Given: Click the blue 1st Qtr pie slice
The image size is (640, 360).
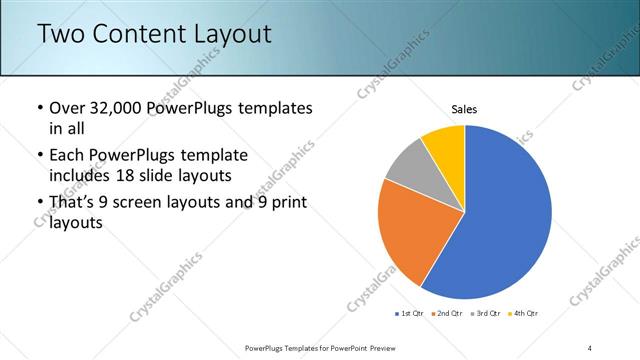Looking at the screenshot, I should pos(505,215).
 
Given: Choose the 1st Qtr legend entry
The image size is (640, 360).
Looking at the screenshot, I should pos(411,314).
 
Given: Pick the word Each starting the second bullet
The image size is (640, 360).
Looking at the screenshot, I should pos(67,156).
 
